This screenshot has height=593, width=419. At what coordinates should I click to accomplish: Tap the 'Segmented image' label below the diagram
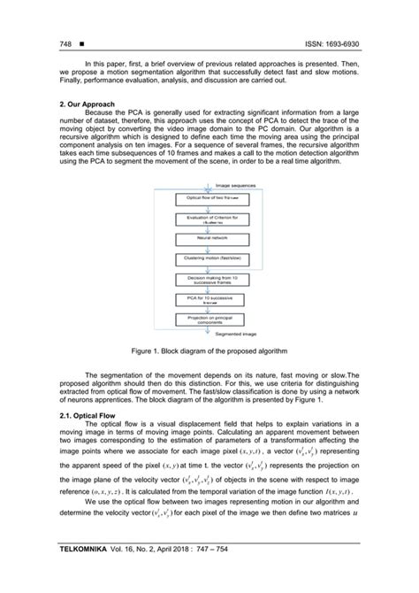pyautogui.click(x=232, y=335)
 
